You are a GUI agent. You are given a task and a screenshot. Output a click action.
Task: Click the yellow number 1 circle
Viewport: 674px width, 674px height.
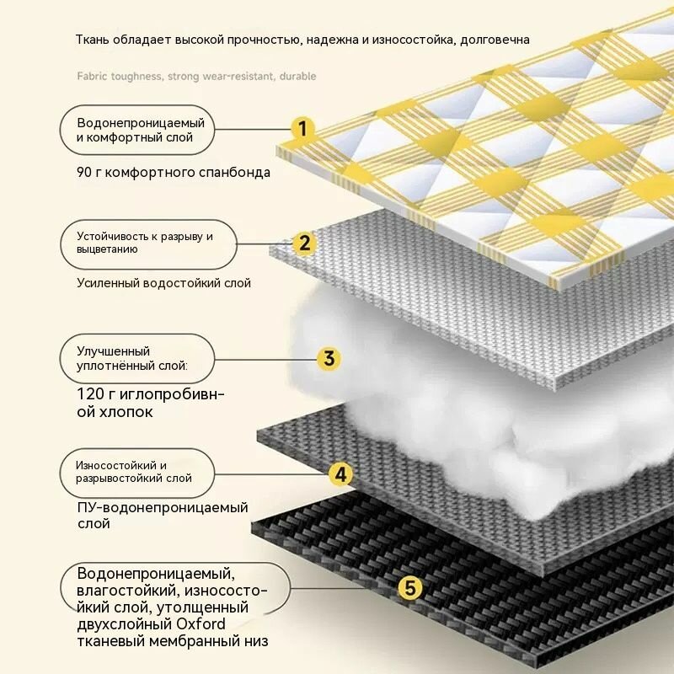[302, 129]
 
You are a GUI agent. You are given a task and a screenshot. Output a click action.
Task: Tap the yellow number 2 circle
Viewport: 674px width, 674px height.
[304, 243]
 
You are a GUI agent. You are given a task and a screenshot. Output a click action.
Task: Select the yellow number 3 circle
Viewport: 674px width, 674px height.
[329, 359]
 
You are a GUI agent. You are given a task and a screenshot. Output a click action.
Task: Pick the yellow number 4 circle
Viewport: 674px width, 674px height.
[340, 474]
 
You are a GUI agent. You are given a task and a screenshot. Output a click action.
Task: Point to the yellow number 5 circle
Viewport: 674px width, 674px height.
[410, 587]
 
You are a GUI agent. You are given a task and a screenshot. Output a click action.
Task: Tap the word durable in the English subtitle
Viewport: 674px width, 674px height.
[297, 76]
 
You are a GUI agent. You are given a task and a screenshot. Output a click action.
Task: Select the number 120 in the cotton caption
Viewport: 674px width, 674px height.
[90, 393]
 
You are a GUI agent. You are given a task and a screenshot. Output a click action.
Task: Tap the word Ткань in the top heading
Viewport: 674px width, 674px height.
[93, 40]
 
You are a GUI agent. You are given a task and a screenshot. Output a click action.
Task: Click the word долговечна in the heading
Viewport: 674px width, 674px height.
[495, 40]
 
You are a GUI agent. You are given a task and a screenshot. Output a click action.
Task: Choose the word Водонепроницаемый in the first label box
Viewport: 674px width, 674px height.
[141, 123]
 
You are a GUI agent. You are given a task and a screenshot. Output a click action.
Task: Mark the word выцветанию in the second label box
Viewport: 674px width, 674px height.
[108, 249]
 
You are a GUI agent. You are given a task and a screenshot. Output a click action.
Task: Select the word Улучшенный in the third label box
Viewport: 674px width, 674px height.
[114, 351]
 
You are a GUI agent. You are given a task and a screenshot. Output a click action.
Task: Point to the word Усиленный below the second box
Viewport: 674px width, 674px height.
[108, 283]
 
